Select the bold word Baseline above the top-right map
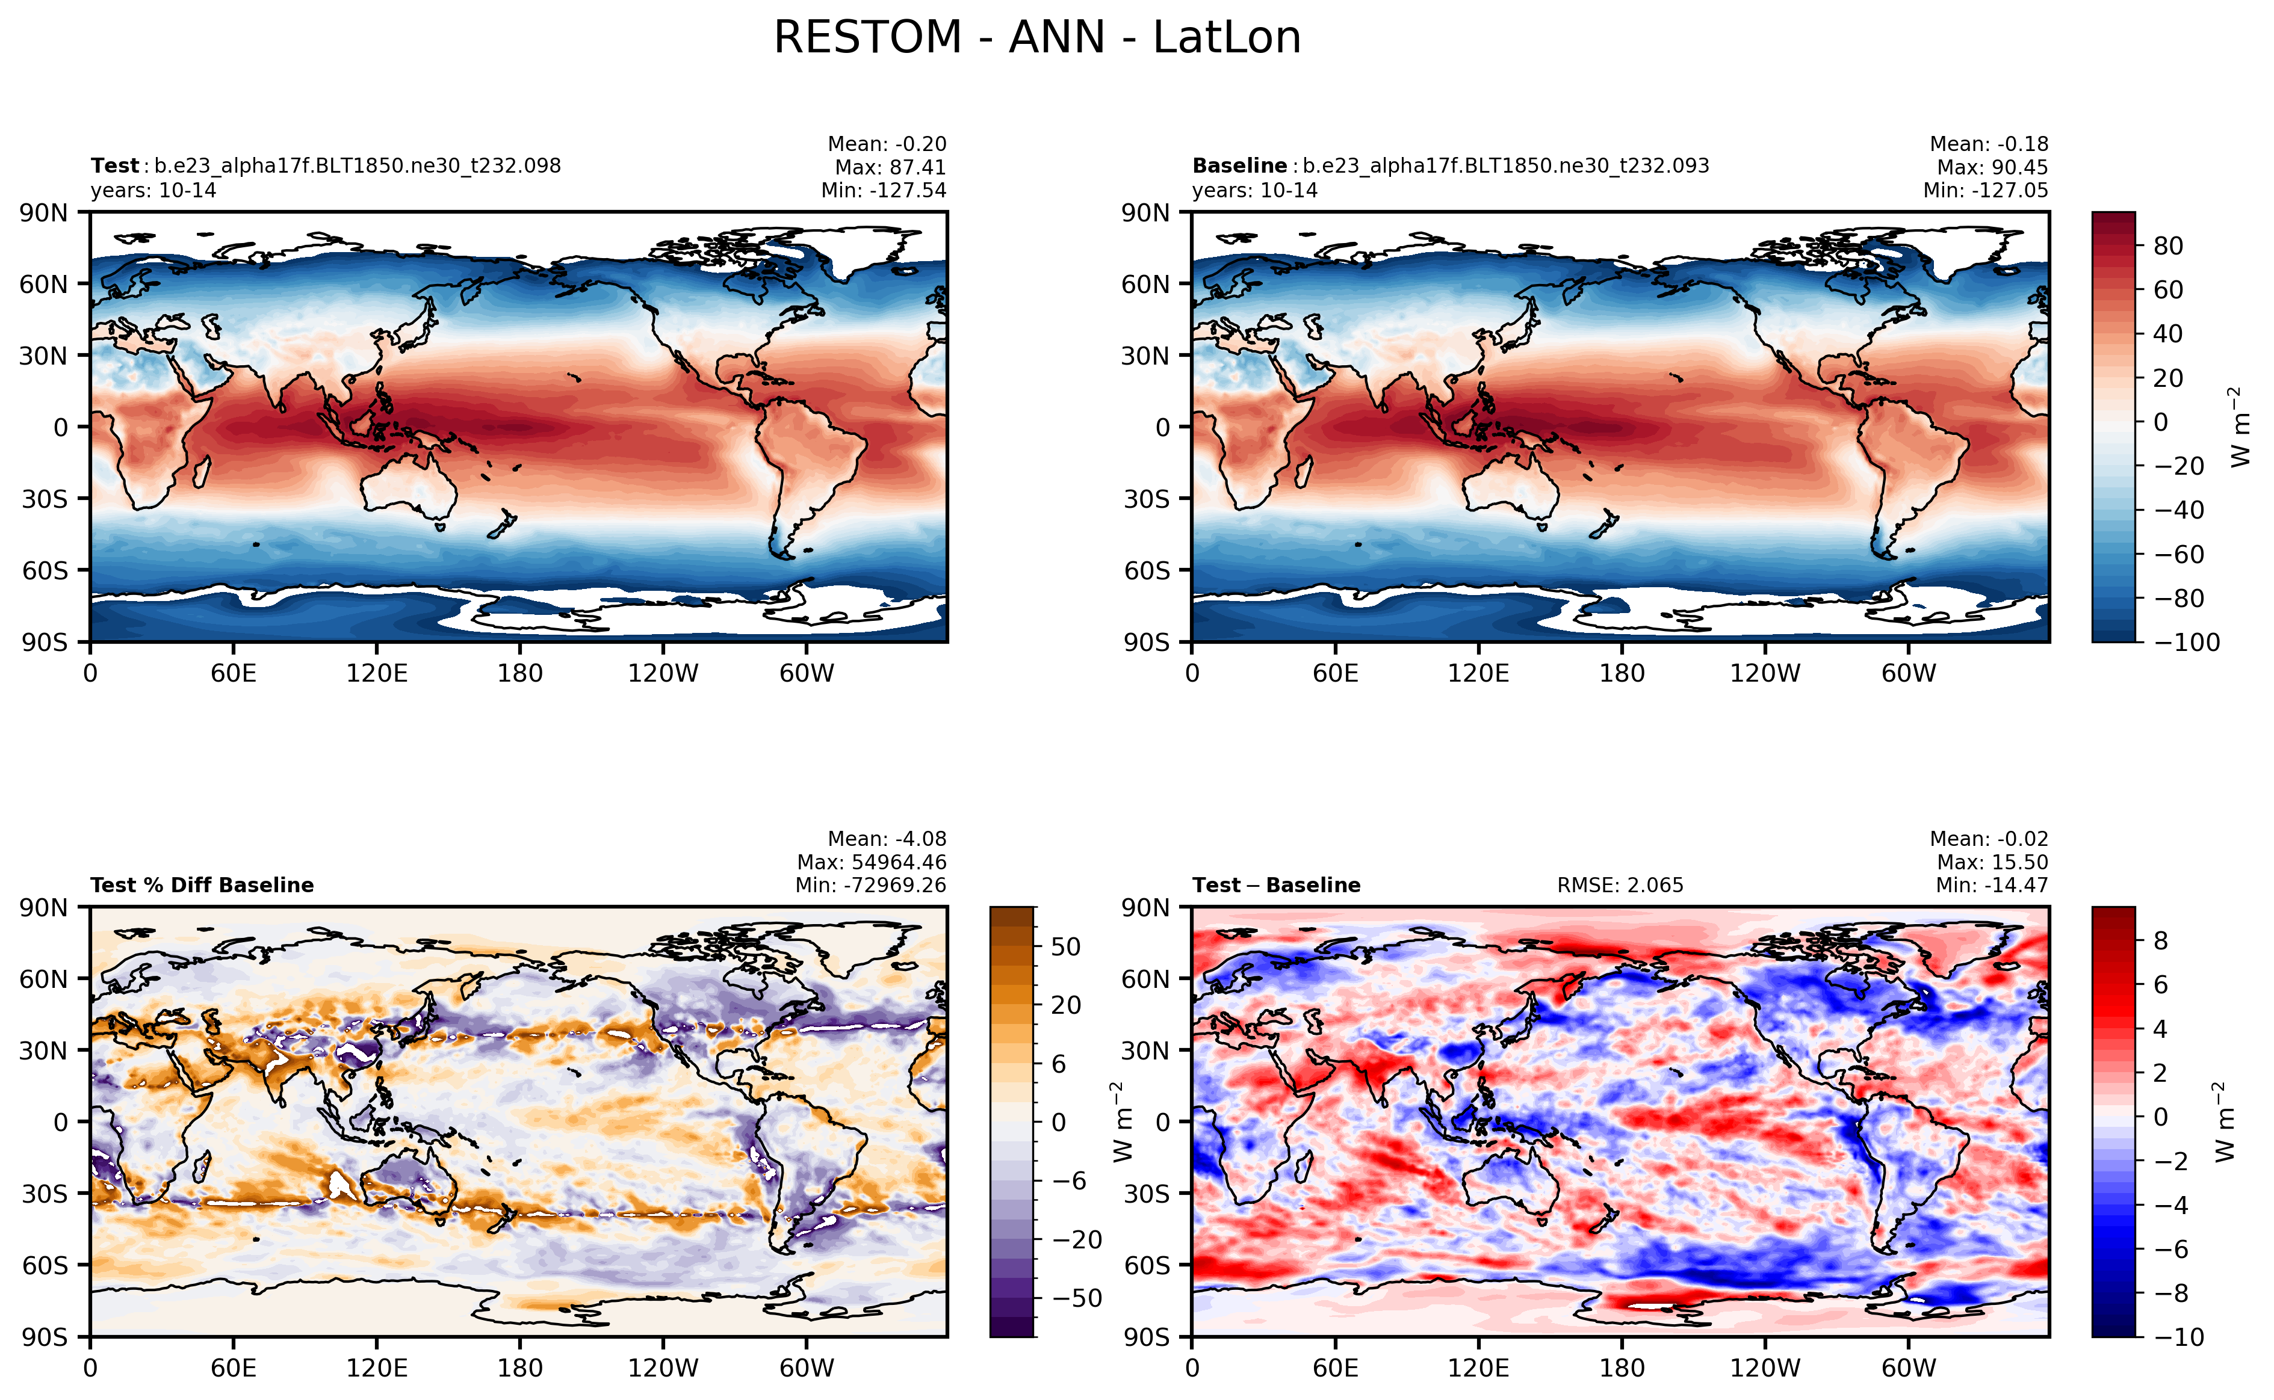[x=1239, y=165]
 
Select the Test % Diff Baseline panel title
[x=202, y=885]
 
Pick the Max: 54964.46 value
[x=872, y=862]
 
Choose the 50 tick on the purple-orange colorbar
[x=1065, y=946]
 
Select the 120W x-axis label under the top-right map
[x=1765, y=673]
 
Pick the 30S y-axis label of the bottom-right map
[x=1146, y=1194]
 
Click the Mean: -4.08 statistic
[x=887, y=839]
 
